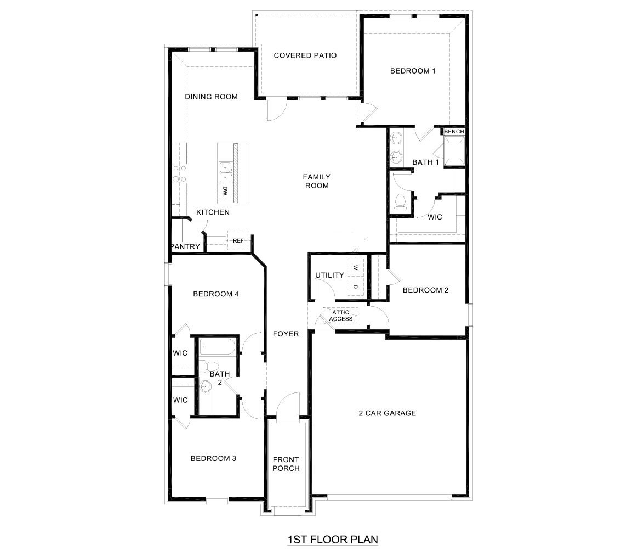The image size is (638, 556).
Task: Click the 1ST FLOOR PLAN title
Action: point(333,540)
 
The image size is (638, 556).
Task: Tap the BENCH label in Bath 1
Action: point(454,132)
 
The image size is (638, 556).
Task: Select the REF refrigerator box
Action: point(238,240)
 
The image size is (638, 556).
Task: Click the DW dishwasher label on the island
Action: point(225,191)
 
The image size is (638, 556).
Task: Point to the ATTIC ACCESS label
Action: point(341,316)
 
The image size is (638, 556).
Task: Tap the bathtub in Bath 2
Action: point(218,347)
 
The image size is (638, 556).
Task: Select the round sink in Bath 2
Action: point(206,386)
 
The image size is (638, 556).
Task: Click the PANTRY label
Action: point(186,247)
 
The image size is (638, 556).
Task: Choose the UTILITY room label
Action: point(329,276)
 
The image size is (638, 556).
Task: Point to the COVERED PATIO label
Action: point(305,55)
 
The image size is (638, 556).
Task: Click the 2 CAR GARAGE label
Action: point(388,413)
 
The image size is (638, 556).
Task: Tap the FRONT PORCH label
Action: point(286,464)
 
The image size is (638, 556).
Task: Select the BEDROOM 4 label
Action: point(215,294)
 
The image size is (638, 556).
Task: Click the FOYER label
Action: point(286,334)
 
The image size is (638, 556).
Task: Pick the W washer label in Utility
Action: point(355,268)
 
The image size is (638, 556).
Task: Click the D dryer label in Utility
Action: point(355,287)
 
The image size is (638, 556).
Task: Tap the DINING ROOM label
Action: point(211,97)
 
